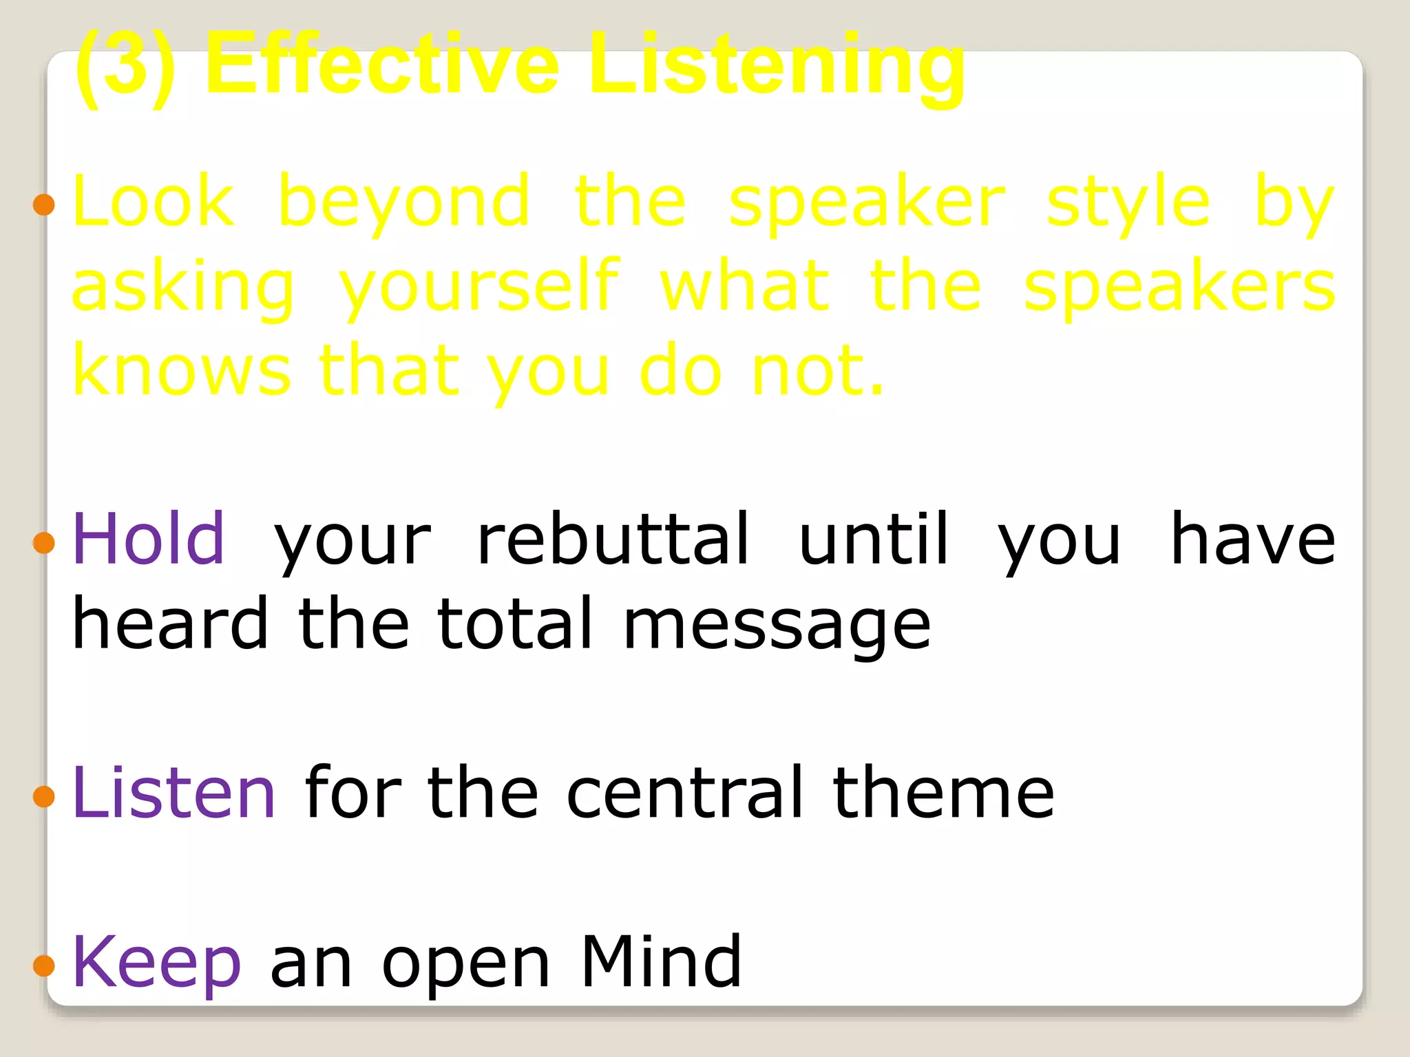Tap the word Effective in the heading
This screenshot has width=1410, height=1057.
pyautogui.click(x=382, y=65)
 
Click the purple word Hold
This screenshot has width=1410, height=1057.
pyautogui.click(x=149, y=540)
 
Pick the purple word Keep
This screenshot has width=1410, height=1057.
pyautogui.click(x=157, y=963)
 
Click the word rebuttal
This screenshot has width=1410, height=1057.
pyautogui.click(x=613, y=540)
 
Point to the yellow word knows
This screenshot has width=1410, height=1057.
pyautogui.click(x=182, y=372)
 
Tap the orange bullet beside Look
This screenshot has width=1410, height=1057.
pyautogui.click(x=43, y=204)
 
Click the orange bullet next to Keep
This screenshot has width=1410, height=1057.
pyautogui.click(x=43, y=965)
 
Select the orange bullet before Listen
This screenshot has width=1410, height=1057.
pyautogui.click(x=43, y=796)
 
